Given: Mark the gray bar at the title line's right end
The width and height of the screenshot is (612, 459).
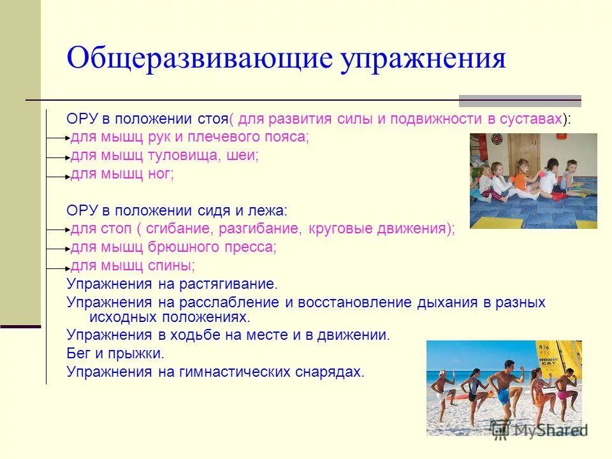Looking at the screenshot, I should pos(520,100).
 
